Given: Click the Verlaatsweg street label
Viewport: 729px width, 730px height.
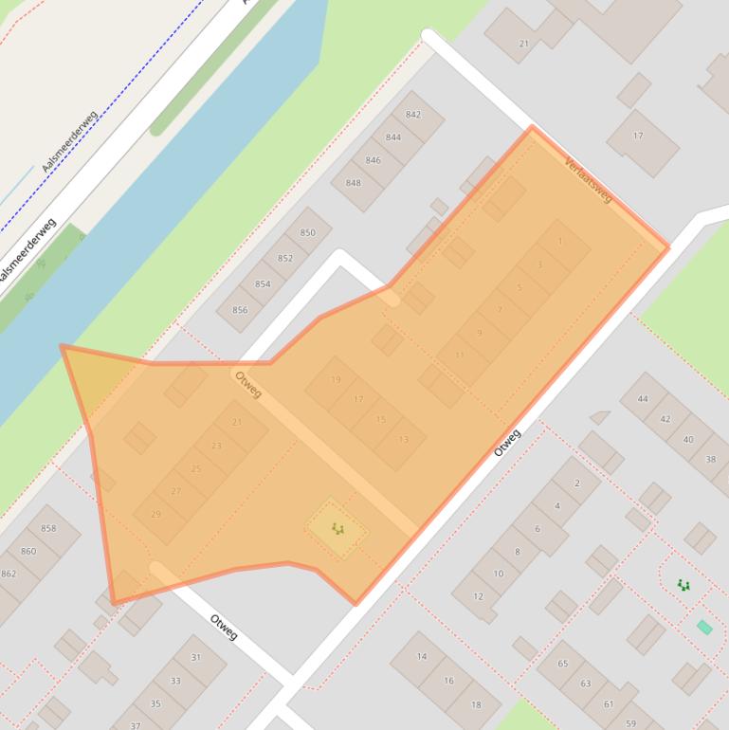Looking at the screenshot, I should [588, 179].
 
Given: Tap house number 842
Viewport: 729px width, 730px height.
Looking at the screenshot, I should [412, 115].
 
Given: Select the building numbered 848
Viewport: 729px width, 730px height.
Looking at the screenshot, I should [354, 183].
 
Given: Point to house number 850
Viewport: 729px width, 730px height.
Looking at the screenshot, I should [307, 232].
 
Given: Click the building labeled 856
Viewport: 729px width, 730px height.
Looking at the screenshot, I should [240, 310].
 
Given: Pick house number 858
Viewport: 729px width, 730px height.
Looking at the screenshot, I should [48, 529].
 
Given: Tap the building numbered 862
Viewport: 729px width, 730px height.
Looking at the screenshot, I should [9, 574].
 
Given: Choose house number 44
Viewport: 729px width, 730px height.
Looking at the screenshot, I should [643, 399].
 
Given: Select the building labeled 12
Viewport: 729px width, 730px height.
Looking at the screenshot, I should [478, 596].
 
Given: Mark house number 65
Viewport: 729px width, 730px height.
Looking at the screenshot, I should [562, 664].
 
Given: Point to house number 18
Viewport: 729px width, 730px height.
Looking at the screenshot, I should [476, 704].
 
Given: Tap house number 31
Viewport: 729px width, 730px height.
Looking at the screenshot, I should [195, 658].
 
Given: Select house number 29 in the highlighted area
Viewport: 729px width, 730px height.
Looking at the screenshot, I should [156, 514].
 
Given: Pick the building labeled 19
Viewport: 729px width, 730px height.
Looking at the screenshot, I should [335, 380].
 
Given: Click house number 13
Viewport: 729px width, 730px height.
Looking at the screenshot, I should [404, 439].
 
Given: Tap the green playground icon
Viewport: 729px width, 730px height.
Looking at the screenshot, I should [683, 586].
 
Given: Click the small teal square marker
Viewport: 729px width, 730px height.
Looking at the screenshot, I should [704, 627].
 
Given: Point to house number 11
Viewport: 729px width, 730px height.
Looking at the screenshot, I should [460, 356].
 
